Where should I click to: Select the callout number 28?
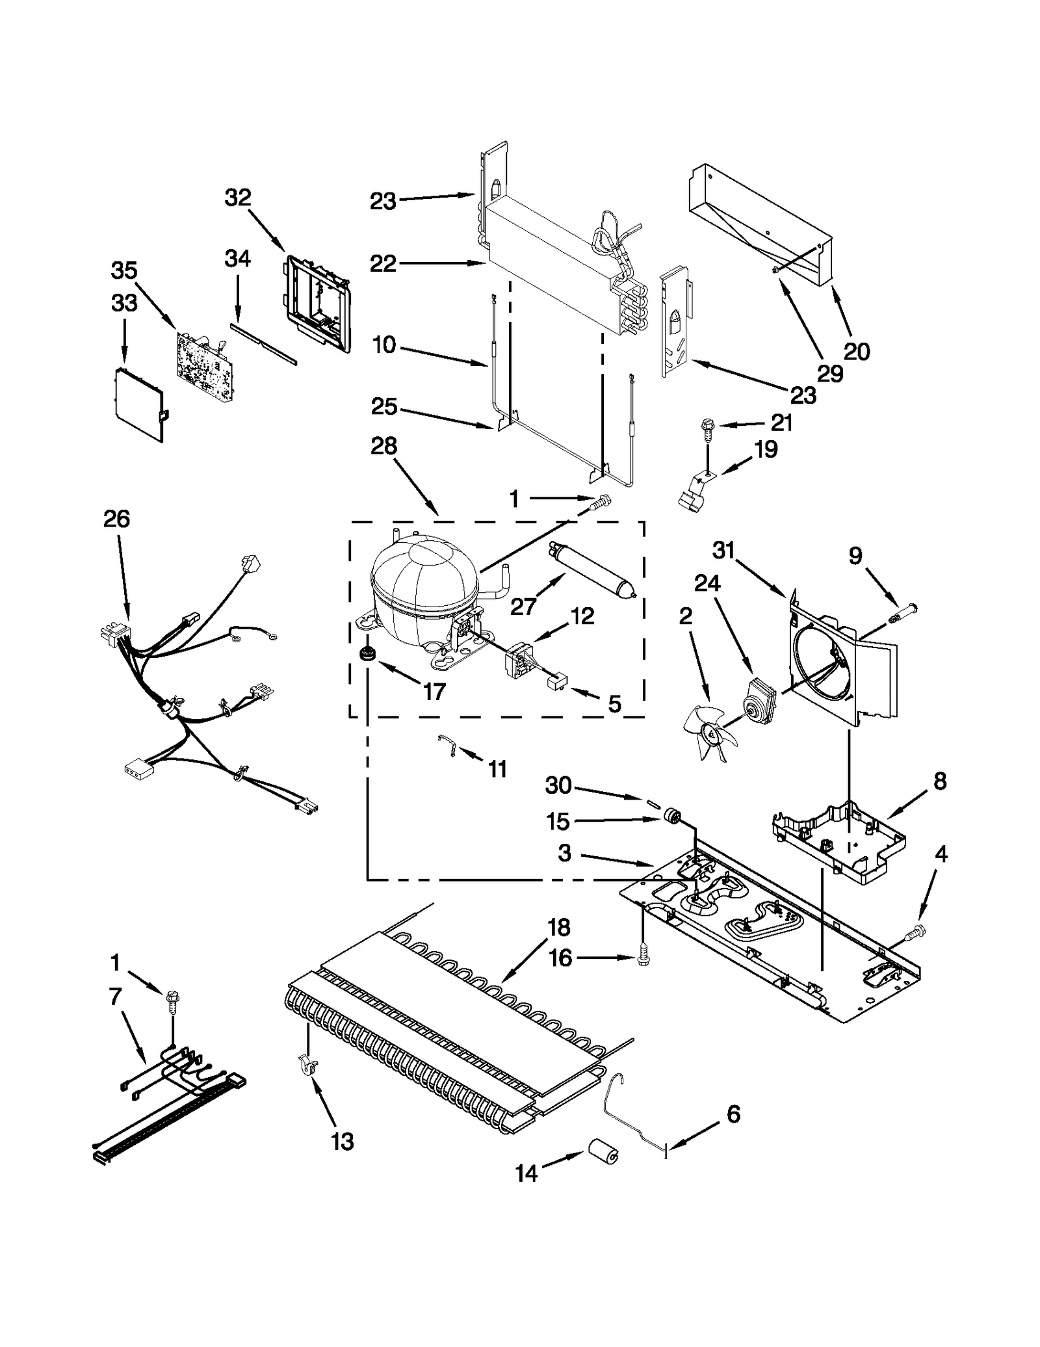pyautogui.click(x=384, y=447)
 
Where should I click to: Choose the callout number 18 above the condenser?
pyautogui.click(x=559, y=928)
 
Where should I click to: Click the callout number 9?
pyautogui.click(x=855, y=556)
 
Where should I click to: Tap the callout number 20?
pyautogui.click(x=857, y=352)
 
